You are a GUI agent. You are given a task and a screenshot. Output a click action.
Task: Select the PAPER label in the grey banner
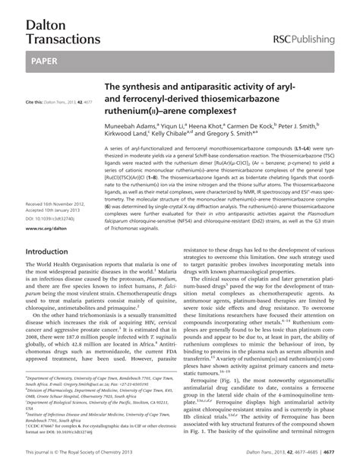(x=45, y=58)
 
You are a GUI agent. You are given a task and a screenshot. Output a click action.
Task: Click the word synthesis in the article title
(x=153, y=89)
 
